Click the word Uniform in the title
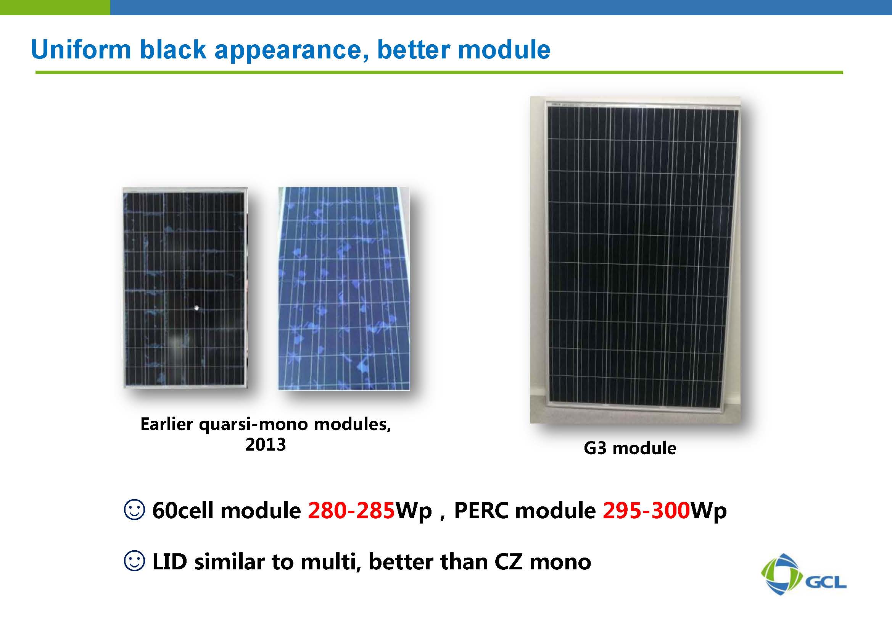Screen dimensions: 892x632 (x=81, y=49)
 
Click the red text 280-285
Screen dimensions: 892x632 (x=351, y=510)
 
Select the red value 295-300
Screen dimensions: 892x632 (x=646, y=510)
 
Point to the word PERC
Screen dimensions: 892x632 (x=481, y=510)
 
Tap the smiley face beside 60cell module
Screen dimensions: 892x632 (x=135, y=510)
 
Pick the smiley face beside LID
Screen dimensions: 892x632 (x=135, y=561)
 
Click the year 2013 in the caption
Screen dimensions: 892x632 (x=266, y=445)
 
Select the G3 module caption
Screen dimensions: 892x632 (x=630, y=448)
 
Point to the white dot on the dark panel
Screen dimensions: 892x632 (x=196, y=308)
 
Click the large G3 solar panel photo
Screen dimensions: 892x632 (x=635, y=260)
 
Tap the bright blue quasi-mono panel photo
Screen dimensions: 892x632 (x=344, y=288)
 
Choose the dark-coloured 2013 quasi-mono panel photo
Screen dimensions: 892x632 (x=185, y=288)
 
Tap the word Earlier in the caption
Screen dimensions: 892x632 (x=166, y=424)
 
